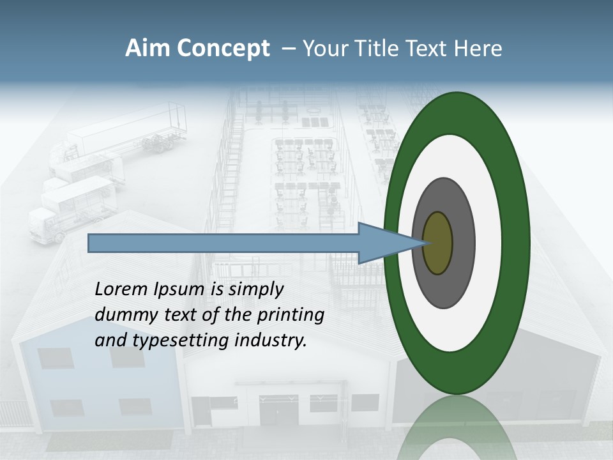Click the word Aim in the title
coord(148,49)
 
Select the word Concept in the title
coord(223,49)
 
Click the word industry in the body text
coord(271,341)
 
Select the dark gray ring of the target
coord(463,243)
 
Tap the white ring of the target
coord(488,243)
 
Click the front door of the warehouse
coord(278,410)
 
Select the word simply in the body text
coord(255,289)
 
